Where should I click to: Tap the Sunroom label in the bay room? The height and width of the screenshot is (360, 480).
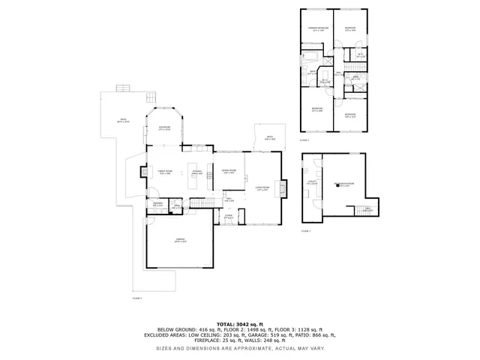[164, 129]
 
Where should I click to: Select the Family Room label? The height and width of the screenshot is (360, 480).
[165, 172]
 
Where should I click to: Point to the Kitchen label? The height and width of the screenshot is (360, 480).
[197, 172]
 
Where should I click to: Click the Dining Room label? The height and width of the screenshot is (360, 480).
[229, 172]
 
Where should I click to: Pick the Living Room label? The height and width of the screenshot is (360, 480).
[262, 187]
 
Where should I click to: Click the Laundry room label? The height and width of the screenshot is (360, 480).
[158, 204]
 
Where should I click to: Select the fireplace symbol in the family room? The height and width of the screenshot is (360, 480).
[144, 172]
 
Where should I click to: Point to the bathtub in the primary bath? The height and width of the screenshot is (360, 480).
[309, 58]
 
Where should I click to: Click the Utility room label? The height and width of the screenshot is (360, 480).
[312, 182]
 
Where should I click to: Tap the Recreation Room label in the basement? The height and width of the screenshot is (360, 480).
[343, 184]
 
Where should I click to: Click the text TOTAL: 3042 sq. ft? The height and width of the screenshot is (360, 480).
[239, 323]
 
